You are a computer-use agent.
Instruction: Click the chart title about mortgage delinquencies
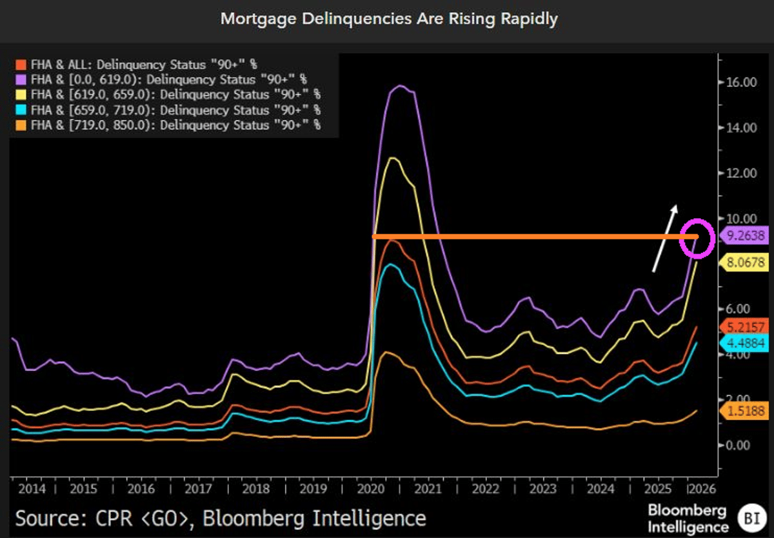coord(389,19)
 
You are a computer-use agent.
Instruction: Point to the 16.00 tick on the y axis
coord(739,83)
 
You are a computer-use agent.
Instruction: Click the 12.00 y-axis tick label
coord(739,173)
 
